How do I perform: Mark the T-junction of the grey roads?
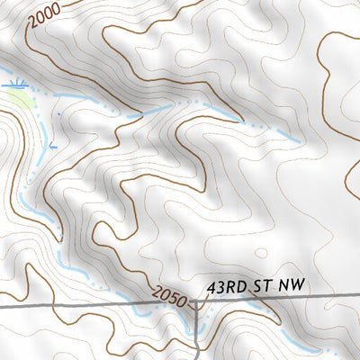(x=197, y=305)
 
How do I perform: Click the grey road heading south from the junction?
(x=197, y=333)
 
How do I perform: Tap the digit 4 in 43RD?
(x=211, y=286)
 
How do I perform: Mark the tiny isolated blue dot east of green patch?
(x=60, y=113)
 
